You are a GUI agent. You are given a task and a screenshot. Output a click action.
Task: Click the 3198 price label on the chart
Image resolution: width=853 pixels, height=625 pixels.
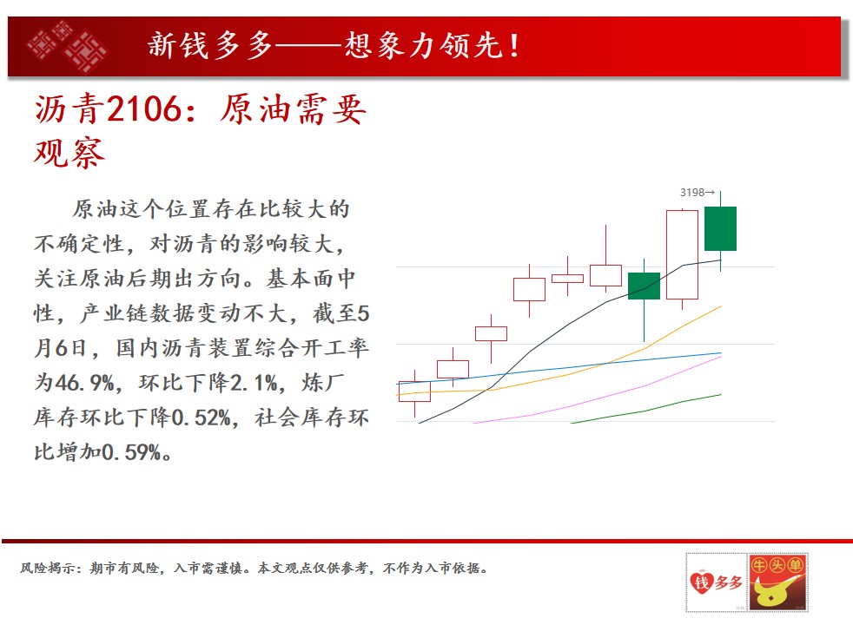(692, 193)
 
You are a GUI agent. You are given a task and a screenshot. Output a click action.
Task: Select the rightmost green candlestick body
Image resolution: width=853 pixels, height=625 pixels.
(720, 228)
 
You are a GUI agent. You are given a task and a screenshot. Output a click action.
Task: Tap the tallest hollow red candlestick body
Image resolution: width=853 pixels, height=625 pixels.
(682, 254)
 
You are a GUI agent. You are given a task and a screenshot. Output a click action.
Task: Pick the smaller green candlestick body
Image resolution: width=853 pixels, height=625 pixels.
(645, 286)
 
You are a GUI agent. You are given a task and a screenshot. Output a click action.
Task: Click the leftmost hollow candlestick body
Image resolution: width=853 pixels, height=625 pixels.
(414, 391)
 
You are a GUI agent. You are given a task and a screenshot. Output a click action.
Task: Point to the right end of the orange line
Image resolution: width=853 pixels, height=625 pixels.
(721, 306)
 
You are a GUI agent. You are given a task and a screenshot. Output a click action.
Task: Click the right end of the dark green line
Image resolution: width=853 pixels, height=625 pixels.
(721, 395)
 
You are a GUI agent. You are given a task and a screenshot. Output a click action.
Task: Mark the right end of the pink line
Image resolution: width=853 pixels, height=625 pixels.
(721, 357)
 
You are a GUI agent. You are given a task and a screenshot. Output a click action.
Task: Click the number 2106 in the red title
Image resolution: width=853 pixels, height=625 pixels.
(143, 109)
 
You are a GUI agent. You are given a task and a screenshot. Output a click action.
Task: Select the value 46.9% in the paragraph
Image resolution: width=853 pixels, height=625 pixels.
(85, 383)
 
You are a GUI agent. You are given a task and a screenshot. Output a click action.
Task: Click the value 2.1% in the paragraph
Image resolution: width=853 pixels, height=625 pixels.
(254, 383)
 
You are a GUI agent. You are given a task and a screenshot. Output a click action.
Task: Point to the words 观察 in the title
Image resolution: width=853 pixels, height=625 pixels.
(69, 153)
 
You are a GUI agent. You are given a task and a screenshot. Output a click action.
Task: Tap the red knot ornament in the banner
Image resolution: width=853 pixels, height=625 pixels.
(68, 46)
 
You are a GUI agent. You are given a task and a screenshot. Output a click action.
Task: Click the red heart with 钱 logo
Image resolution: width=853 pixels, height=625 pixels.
(701, 582)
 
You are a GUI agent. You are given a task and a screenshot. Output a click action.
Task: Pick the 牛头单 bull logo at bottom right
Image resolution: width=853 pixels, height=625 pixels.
(778, 582)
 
